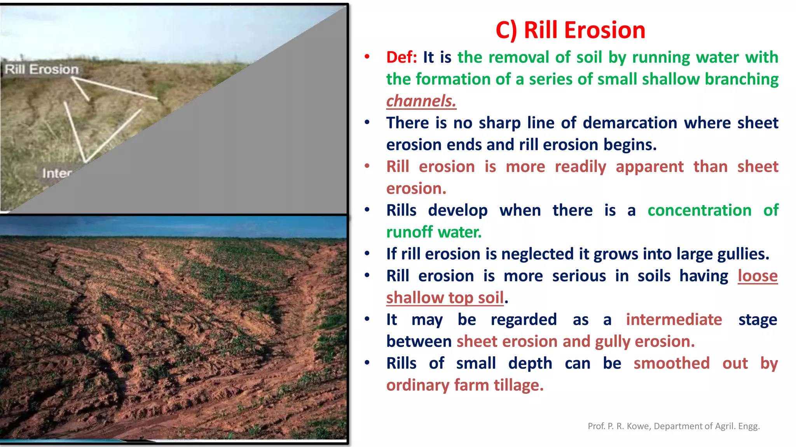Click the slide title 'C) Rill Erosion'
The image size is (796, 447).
[x=570, y=30]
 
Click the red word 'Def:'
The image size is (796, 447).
[x=401, y=57]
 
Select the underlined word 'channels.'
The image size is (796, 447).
[x=421, y=101]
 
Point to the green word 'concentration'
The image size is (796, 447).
[x=699, y=210]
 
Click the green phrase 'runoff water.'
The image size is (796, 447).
[x=434, y=232]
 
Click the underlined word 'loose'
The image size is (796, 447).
[x=758, y=276]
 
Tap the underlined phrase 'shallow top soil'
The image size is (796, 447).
[x=445, y=298]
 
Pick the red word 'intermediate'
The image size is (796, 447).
[x=674, y=320]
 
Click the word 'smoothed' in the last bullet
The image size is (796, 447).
[x=671, y=364]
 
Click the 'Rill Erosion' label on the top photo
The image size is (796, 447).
[x=42, y=69]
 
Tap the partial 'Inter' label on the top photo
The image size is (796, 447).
[x=57, y=173]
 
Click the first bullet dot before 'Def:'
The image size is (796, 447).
[x=367, y=57]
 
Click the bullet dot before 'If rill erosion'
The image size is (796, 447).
[x=367, y=254]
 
